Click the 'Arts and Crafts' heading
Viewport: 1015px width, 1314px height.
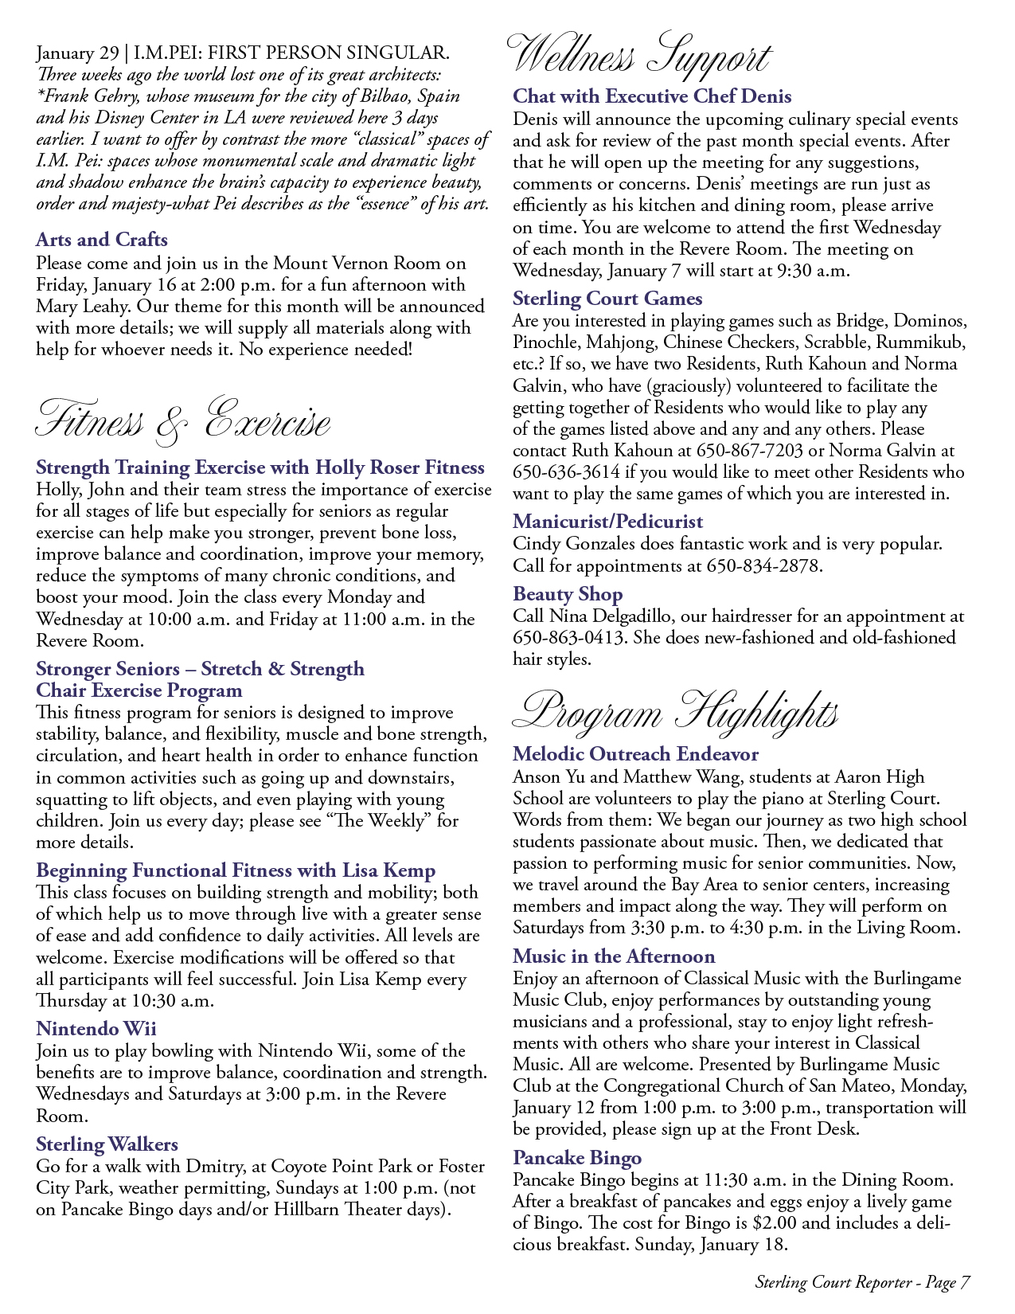pyautogui.click(x=102, y=240)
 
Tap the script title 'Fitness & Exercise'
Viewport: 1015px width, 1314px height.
pyautogui.click(x=183, y=420)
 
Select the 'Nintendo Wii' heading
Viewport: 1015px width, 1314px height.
pyautogui.click(x=96, y=1028)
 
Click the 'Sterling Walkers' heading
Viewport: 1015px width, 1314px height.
pyautogui.click(x=107, y=1144)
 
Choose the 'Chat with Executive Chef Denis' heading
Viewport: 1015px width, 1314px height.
pyautogui.click(x=652, y=96)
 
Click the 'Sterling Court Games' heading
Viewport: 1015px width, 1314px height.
pyautogui.click(x=607, y=299)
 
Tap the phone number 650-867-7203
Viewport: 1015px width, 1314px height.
pyautogui.click(x=749, y=450)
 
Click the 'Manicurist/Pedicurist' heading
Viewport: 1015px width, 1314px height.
pyautogui.click(x=607, y=522)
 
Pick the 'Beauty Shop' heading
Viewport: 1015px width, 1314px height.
pyautogui.click(x=568, y=594)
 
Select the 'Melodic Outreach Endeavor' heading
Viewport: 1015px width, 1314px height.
pyautogui.click(x=635, y=753)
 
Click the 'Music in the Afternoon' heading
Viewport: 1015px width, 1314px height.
pyautogui.click(x=614, y=956)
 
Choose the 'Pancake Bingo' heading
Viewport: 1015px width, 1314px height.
pyautogui.click(x=577, y=1157)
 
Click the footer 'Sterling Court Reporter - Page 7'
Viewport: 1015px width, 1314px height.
pyautogui.click(x=862, y=1282)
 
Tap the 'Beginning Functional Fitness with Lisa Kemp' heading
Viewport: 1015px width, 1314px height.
pyautogui.click(x=236, y=870)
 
